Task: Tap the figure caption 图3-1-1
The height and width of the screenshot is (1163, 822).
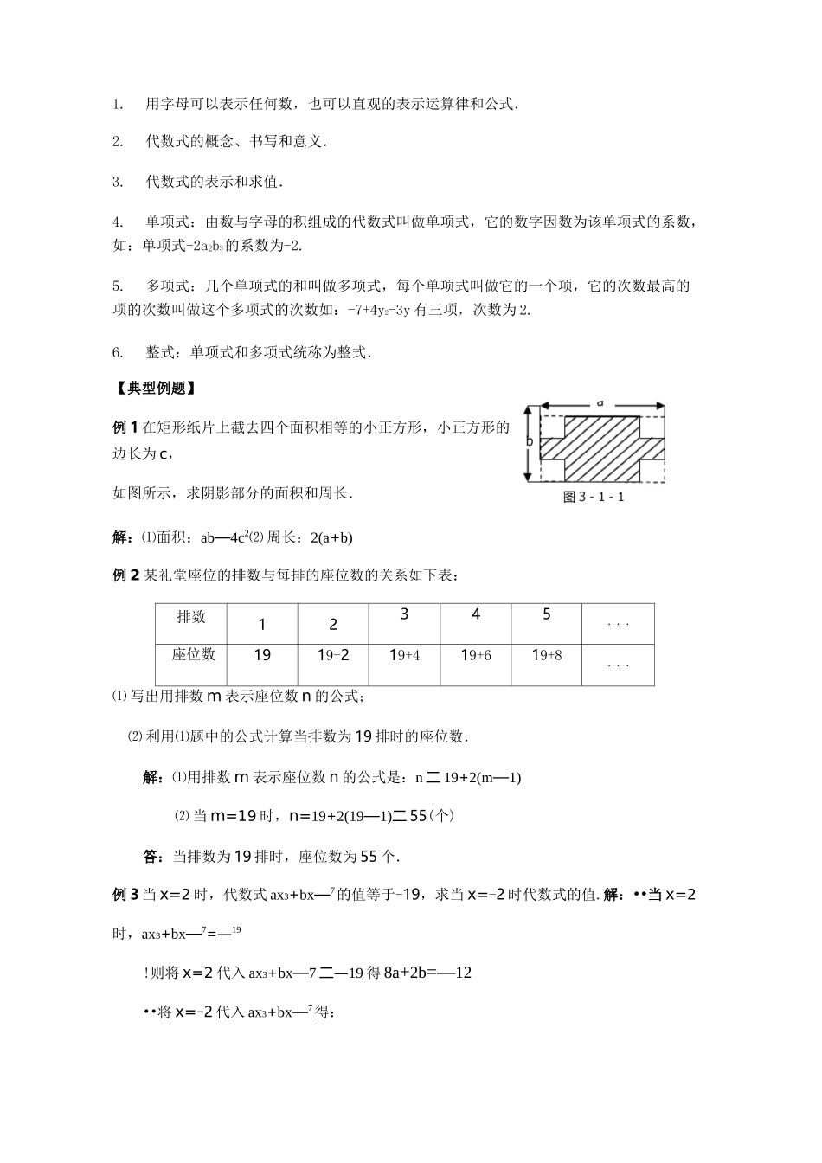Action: pos(594,497)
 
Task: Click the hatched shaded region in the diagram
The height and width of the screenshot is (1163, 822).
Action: pos(602,447)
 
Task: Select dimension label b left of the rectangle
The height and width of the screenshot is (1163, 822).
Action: pos(529,441)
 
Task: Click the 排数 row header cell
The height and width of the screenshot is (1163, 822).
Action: pos(191,616)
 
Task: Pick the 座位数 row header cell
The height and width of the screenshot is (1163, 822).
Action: pos(193,655)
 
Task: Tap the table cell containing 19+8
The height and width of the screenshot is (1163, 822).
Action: pos(547,655)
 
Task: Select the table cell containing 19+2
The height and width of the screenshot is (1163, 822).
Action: pos(333,655)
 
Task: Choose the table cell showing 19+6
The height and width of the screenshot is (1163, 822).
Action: pos(476,655)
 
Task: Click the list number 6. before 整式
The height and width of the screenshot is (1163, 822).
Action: pos(118,352)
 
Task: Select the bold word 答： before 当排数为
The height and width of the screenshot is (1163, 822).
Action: pos(155,857)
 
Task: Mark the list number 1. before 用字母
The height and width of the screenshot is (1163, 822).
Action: pos(118,105)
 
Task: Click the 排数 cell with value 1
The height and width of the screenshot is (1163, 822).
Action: pos(262,625)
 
